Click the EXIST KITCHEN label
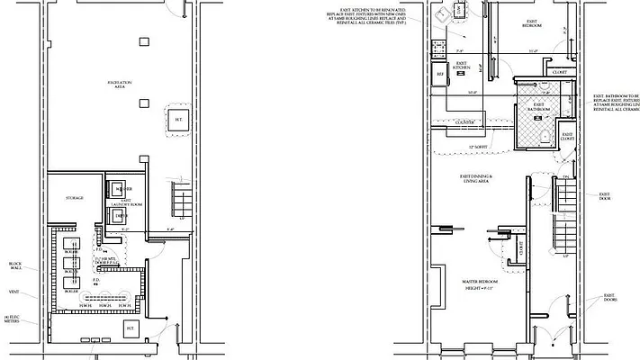462,66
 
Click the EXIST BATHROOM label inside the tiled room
538,106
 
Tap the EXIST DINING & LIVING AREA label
475,179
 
